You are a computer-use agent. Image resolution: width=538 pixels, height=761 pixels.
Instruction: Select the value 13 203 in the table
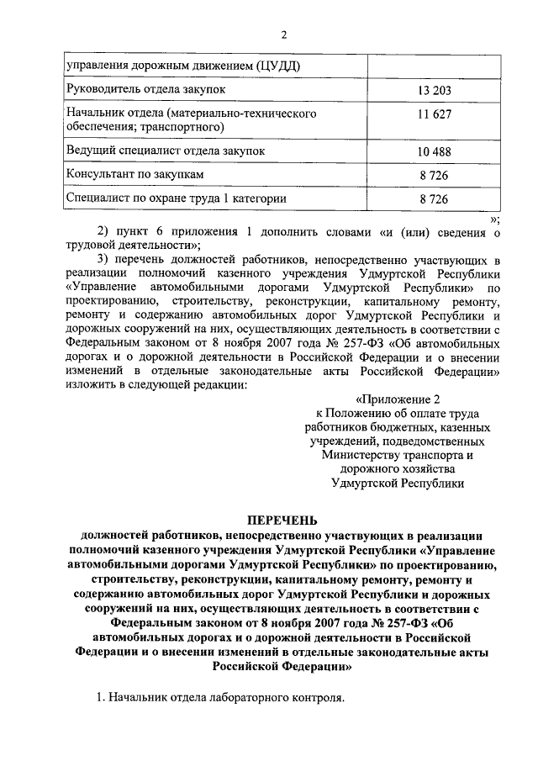433,88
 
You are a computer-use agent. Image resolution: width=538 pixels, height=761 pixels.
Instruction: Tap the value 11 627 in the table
433,119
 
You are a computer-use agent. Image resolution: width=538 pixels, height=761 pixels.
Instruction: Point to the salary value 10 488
433,151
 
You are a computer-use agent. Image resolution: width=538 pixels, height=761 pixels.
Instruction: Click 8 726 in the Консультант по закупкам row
433,175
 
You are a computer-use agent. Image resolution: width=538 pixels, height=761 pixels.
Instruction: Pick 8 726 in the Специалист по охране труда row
433,199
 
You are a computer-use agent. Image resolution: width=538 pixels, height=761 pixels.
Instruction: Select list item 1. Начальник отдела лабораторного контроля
221,698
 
